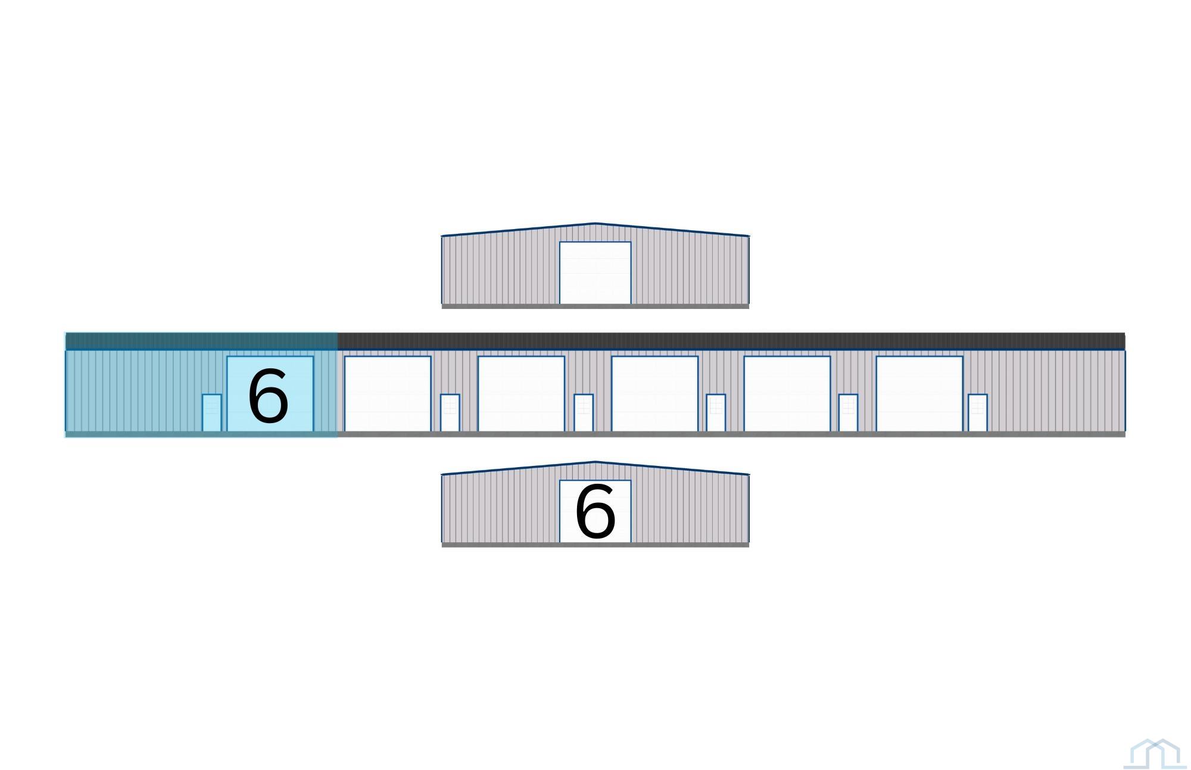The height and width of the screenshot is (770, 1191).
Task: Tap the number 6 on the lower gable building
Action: (x=595, y=511)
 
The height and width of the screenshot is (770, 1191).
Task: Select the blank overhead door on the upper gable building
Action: (x=595, y=273)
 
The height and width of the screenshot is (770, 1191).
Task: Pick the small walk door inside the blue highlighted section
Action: (x=211, y=412)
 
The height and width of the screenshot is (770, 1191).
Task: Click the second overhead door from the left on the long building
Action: (x=388, y=393)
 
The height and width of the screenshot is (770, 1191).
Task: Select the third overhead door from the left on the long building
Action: (x=521, y=393)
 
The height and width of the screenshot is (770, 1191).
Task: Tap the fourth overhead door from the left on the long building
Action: (x=654, y=393)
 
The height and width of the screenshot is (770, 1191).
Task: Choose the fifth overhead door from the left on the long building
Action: (x=787, y=393)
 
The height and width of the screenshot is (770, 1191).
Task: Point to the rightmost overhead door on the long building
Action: (x=919, y=393)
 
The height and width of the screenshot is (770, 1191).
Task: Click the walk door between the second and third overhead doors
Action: (x=450, y=412)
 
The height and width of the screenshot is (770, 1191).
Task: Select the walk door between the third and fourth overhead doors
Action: (x=584, y=412)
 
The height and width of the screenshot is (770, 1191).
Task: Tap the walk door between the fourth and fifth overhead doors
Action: (x=716, y=412)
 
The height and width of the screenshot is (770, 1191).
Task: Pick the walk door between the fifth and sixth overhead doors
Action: (x=848, y=412)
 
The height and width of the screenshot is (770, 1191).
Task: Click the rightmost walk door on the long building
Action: (x=978, y=412)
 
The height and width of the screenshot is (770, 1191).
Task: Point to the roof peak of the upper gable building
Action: (x=595, y=223)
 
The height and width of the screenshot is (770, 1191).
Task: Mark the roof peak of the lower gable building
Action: (x=595, y=462)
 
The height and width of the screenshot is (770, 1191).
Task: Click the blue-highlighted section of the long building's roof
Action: (x=201, y=341)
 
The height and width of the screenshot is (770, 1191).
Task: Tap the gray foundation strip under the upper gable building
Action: (x=595, y=306)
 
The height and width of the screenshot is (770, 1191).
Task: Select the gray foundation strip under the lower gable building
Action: (x=595, y=544)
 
